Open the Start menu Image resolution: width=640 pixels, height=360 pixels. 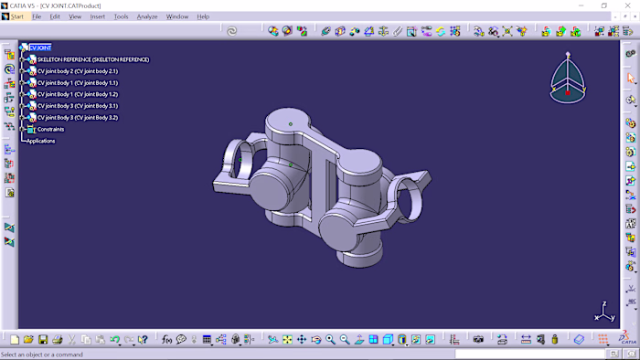point(17,16)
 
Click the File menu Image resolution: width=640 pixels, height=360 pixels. point(37,16)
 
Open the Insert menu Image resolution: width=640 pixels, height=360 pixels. point(97,16)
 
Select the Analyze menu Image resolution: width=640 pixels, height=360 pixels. point(147,16)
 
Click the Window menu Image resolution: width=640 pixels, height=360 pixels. point(177,16)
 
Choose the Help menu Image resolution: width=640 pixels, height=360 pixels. point(203,16)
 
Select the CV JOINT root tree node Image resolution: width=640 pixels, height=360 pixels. point(40,48)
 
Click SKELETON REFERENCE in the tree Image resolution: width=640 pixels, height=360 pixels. point(92,59)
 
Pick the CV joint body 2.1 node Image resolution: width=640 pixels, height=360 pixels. point(77,71)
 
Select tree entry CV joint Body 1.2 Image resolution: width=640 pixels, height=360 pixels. point(77,94)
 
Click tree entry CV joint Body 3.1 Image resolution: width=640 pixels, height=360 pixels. point(77,106)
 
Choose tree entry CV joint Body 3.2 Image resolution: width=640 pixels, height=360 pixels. point(77,118)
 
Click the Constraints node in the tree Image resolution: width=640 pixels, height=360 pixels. point(51,129)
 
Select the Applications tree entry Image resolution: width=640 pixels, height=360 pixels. point(41,141)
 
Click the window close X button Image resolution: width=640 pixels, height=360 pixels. point(627,5)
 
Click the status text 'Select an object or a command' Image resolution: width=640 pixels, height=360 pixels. point(42,355)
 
